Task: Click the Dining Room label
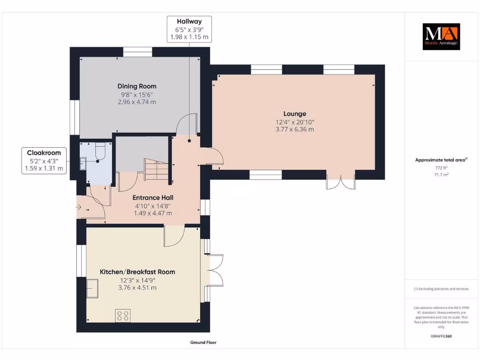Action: click(137, 86)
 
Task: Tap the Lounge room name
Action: click(294, 113)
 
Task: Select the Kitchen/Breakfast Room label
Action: click(137, 272)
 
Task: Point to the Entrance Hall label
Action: click(153, 198)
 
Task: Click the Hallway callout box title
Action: click(189, 22)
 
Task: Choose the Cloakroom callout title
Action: click(44, 153)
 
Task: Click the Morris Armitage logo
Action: click(441, 37)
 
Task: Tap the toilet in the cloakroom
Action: click(100, 151)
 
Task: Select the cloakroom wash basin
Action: click(83, 164)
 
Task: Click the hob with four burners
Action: click(123, 315)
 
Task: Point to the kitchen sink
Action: click(92, 288)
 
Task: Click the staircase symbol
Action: click(157, 169)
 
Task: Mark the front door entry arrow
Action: click(78, 207)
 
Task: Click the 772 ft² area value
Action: click(441, 168)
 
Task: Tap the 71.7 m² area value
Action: click(441, 175)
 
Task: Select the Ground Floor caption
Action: click(203, 342)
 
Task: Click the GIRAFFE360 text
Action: click(441, 336)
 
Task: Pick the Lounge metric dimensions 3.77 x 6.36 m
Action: click(294, 129)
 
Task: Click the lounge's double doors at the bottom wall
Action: click(341, 182)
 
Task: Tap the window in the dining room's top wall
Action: click(138, 52)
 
